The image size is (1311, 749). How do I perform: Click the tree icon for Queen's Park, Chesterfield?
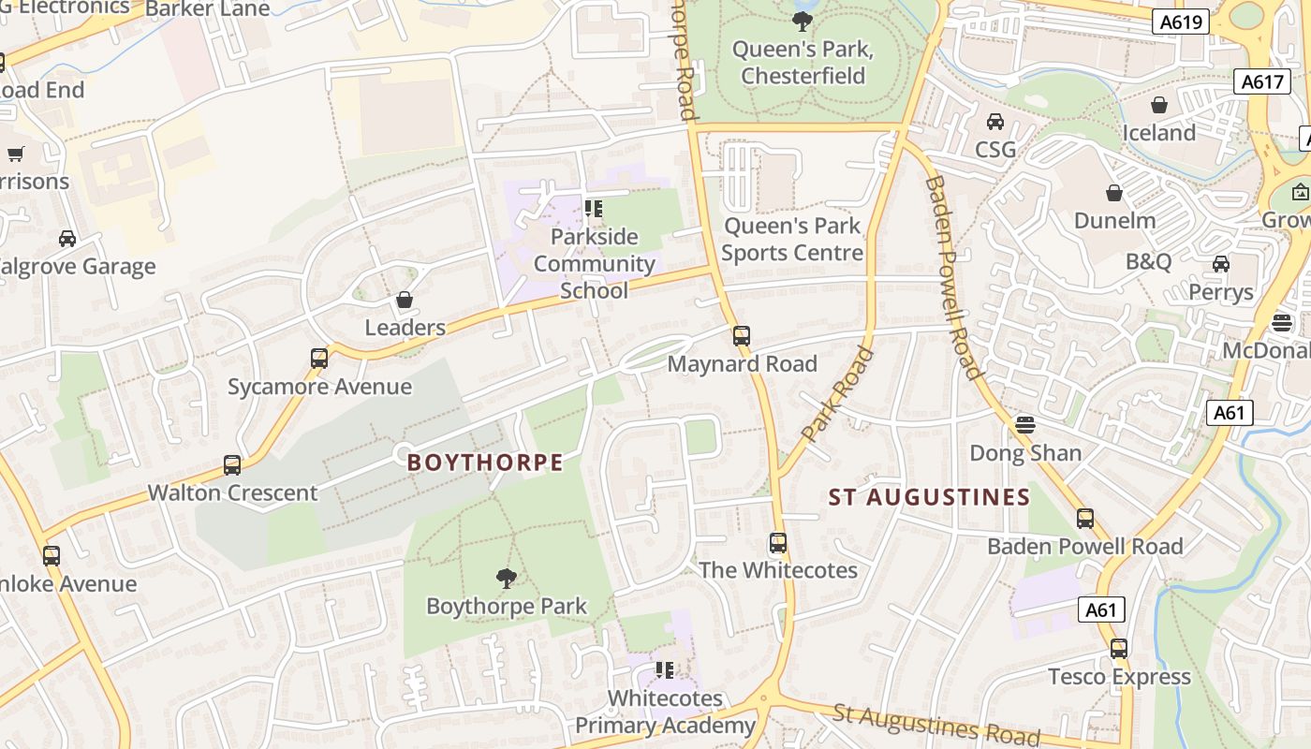(802, 21)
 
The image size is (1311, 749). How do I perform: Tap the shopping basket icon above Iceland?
(1159, 105)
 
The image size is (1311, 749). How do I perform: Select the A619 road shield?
(1180, 22)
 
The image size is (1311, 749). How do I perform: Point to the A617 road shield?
(1261, 81)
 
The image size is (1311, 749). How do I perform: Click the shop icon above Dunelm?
(1114, 193)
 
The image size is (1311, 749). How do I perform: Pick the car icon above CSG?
(995, 122)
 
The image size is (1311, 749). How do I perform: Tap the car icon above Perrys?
(1221, 264)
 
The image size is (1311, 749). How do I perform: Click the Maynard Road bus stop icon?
(742, 335)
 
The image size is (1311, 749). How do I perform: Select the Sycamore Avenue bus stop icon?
(319, 358)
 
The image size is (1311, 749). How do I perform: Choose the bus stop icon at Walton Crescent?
(232, 464)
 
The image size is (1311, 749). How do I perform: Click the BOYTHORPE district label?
(485, 463)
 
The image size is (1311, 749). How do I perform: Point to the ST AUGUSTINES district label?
(929, 497)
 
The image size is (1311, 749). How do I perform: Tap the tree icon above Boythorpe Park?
(507, 578)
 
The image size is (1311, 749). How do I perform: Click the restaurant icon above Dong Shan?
(1025, 424)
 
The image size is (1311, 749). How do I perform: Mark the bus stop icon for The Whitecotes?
(778, 542)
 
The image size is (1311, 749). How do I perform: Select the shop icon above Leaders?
(405, 300)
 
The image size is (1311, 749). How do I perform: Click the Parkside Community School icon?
(593, 208)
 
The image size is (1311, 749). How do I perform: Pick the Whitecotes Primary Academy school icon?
(665, 669)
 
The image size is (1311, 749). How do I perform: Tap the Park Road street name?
(838, 394)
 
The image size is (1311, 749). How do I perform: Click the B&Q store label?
(1148, 261)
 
